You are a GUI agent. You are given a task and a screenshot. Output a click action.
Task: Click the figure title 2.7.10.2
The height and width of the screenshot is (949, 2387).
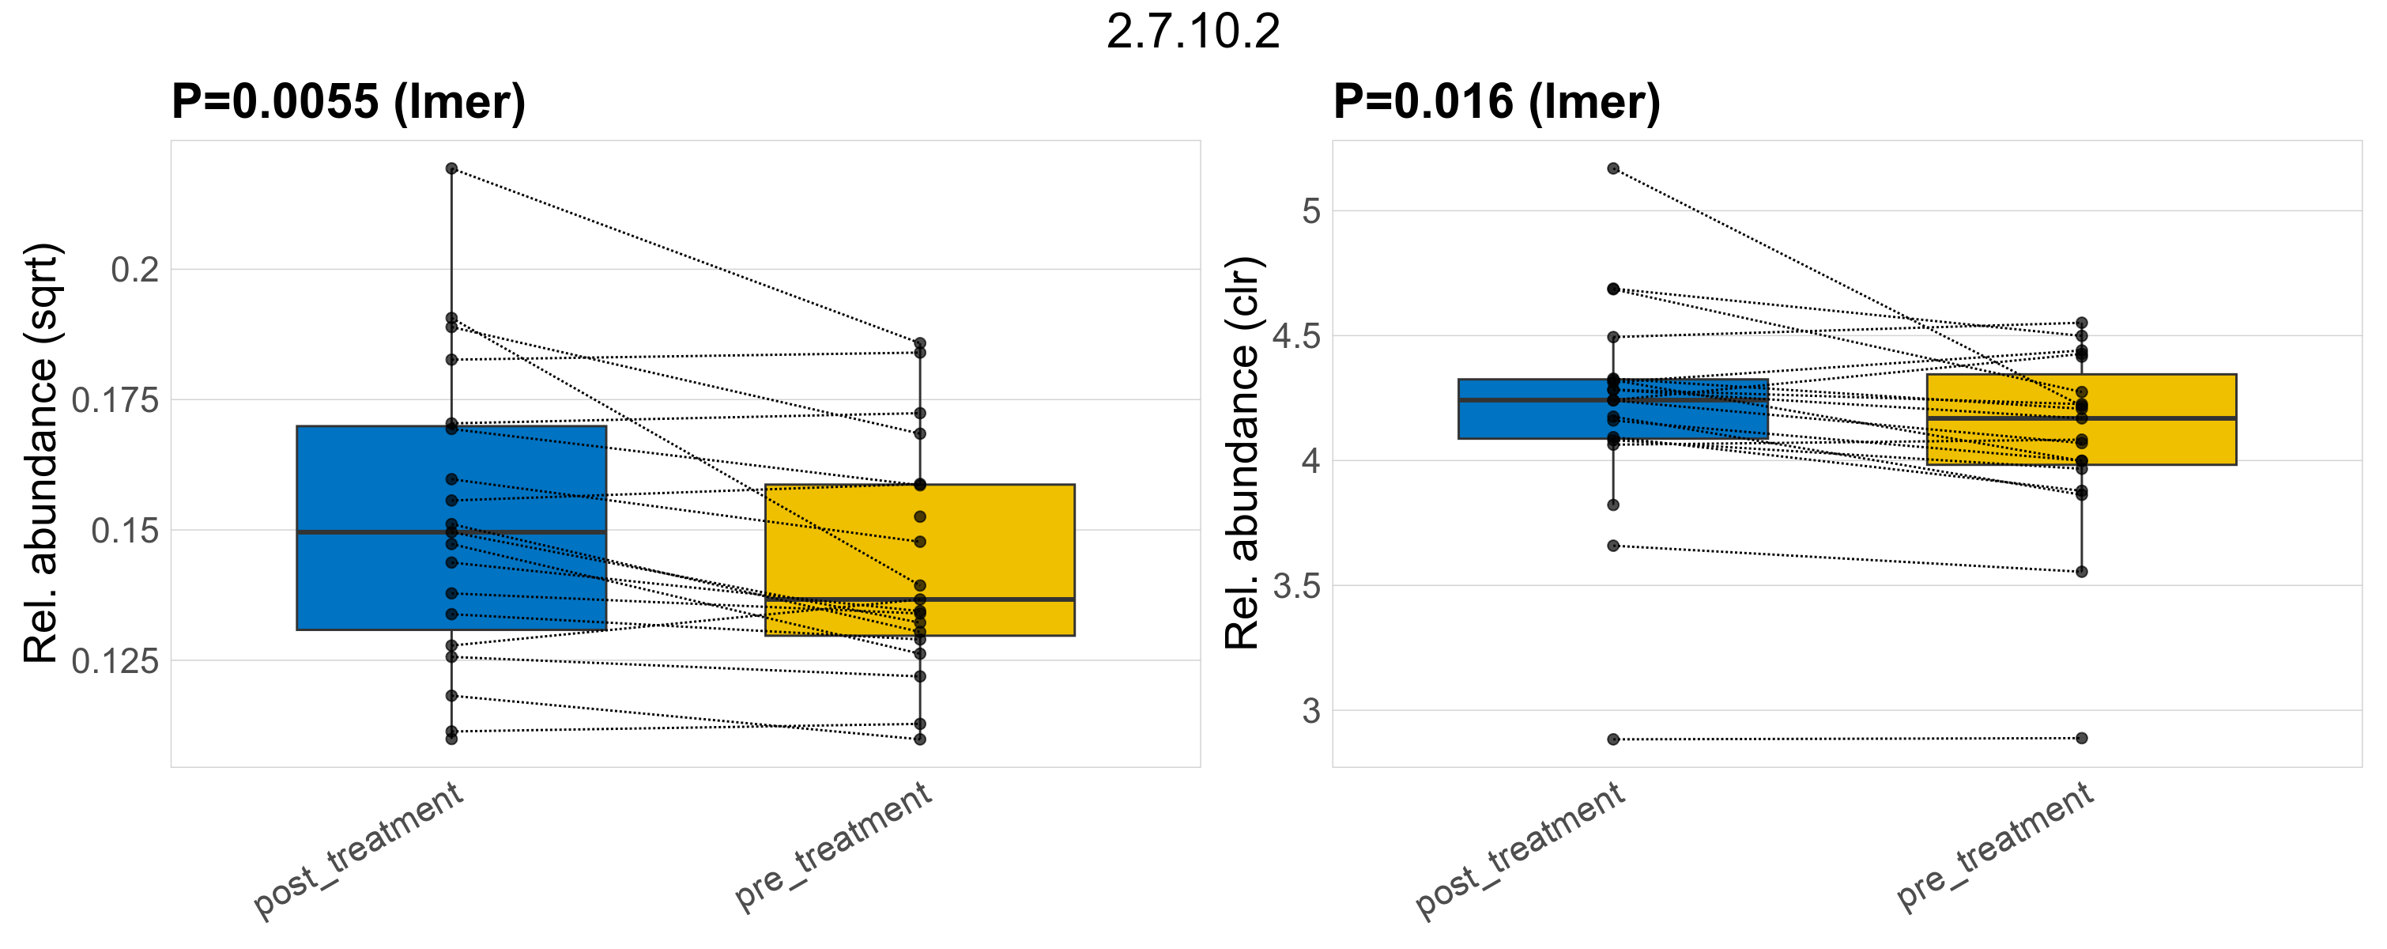tap(1193, 32)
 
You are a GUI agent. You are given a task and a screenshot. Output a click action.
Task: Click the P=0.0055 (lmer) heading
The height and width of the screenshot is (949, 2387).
tap(349, 101)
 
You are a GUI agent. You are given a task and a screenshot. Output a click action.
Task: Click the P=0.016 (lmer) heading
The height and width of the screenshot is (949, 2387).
tap(1495, 101)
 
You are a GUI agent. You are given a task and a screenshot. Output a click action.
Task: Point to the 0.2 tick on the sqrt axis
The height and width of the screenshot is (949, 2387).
tap(135, 270)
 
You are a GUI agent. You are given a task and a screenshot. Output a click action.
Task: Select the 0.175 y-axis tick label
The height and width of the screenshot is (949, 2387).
tap(116, 400)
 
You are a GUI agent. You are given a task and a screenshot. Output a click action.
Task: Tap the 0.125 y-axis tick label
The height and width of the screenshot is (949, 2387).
tap(116, 661)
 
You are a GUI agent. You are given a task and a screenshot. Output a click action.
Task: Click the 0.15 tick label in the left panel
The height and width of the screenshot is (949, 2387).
tap(125, 531)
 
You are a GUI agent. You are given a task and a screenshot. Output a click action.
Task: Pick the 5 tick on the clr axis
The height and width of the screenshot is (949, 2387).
tap(1310, 211)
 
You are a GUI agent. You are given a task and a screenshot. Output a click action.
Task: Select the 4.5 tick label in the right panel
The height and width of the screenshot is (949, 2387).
tap(1296, 336)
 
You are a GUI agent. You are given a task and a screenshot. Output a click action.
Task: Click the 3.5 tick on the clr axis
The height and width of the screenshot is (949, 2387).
tap(1296, 587)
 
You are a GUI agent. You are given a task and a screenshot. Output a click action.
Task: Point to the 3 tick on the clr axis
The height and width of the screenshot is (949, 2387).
tap(1310, 711)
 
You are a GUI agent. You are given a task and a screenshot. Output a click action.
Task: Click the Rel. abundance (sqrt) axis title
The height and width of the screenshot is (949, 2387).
tap(41, 453)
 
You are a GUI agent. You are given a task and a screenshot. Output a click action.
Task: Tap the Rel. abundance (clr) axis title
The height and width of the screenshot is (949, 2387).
tap(1242, 453)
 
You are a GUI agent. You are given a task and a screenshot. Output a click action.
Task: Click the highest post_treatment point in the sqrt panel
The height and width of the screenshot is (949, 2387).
tap(451, 168)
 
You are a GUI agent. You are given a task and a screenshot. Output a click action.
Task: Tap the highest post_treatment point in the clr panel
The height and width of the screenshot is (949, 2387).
tap(1613, 168)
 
